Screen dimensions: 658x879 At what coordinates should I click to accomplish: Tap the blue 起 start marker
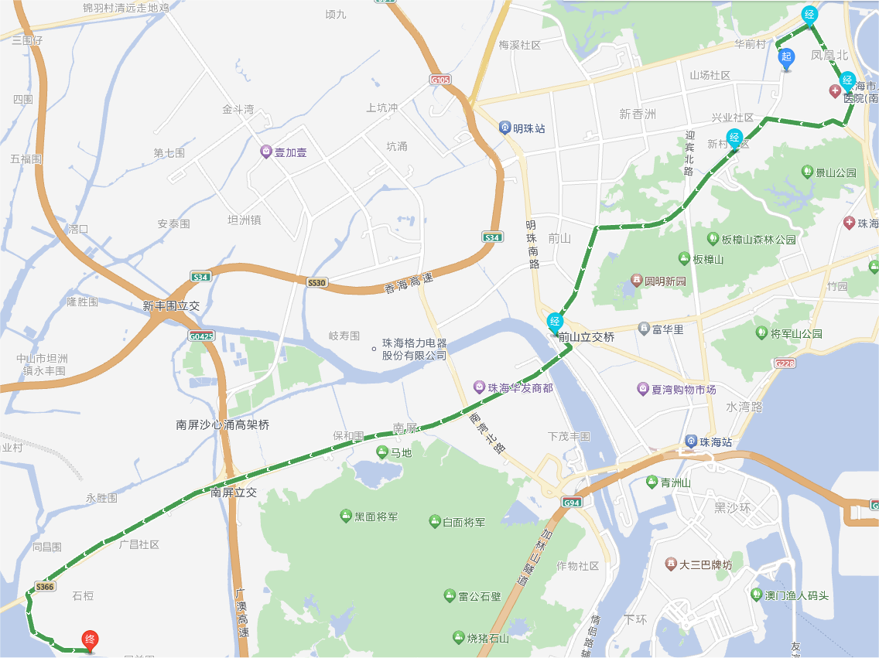point(786,57)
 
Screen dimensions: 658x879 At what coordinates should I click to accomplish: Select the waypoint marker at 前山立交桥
point(555,322)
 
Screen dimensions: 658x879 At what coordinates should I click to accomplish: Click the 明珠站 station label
point(528,128)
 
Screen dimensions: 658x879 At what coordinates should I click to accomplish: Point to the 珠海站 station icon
point(691,442)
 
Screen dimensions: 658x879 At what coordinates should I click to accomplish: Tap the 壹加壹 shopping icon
point(265,152)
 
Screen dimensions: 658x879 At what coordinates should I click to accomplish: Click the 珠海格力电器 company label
point(415,349)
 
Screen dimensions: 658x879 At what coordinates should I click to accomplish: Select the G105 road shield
point(440,80)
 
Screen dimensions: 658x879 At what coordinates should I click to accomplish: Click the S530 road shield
point(316,283)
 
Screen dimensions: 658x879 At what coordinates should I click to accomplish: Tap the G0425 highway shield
point(200,336)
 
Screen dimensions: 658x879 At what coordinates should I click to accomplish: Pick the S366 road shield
point(45,587)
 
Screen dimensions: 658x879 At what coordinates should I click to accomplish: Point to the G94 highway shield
point(572,503)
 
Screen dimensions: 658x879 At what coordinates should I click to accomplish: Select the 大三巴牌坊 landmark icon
point(670,564)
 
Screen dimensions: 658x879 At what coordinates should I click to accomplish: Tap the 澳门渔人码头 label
point(796,595)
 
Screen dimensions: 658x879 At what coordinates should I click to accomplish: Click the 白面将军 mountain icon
point(435,521)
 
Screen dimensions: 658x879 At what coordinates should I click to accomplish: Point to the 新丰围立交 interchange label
point(171,306)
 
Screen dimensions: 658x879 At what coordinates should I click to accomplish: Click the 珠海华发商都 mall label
point(520,388)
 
